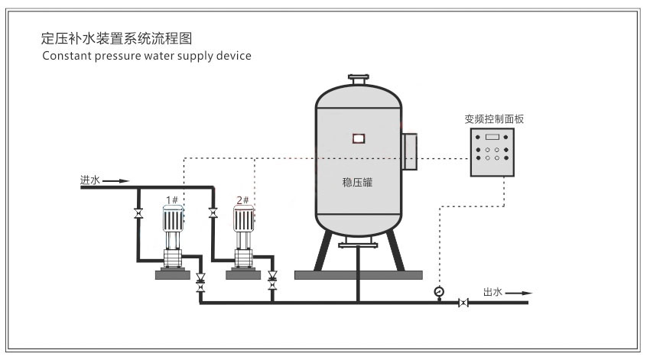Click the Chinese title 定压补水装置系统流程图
tap(116, 38)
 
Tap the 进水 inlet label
tap(90, 180)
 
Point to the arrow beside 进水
tap(116, 181)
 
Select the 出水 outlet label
tap(492, 292)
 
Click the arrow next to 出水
tap(518, 294)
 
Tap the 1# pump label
tap(172, 200)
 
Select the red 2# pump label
tap(242, 200)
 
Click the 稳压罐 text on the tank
tap(357, 182)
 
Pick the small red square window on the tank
tap(359, 138)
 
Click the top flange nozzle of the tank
tap(359, 79)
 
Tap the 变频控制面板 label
tap(494, 119)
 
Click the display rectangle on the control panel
tap(492, 137)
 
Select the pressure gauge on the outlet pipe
tap(439, 292)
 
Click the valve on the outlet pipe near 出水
tap(463, 303)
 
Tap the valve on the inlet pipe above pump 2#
tap(213, 213)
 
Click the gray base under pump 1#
tap(173, 274)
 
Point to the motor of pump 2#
tap(243, 219)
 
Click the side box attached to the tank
tap(410, 151)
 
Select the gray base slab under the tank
tap(359, 275)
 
